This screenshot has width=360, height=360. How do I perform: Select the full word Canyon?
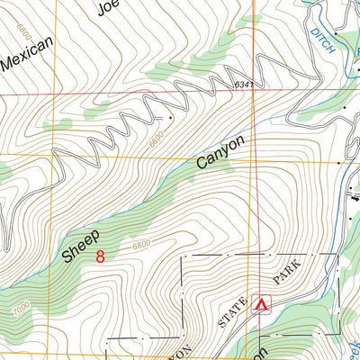point(220,153)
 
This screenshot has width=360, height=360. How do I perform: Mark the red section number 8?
point(100,257)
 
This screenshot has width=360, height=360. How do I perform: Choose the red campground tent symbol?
point(262,305)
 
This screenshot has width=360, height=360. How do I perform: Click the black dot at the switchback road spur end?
point(169,116)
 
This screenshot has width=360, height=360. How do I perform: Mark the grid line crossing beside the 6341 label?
point(255,93)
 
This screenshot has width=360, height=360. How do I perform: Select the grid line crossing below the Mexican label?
point(53,93)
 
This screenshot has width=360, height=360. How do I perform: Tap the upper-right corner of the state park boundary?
point(337,255)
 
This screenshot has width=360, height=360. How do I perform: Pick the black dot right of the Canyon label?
point(340,163)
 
